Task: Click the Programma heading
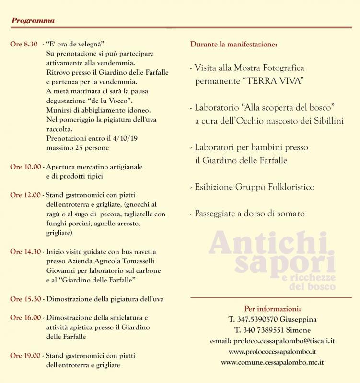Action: click(33, 21)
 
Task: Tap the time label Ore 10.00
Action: click(25, 167)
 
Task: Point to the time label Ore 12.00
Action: click(25, 195)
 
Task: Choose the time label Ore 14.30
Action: click(25, 252)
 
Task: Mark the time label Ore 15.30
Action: click(25, 299)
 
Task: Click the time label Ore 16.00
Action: click(25, 318)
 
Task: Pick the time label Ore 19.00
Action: click(25, 356)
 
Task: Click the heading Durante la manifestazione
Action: click(233, 45)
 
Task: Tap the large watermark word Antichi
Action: click(260, 243)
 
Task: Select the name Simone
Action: click(298, 330)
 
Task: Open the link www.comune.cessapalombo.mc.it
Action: click(272, 362)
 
